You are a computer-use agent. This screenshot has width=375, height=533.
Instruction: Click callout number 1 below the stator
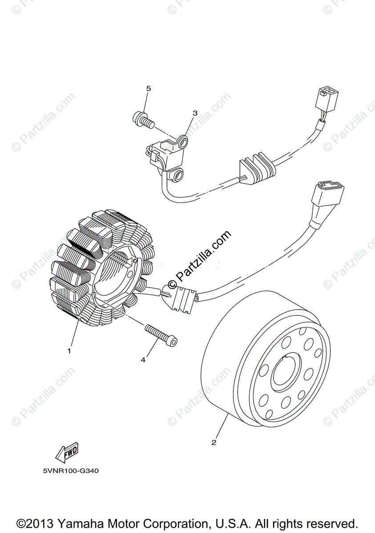pyautogui.click(x=69, y=351)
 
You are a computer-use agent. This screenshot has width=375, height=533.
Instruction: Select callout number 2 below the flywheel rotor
pyautogui.click(x=214, y=442)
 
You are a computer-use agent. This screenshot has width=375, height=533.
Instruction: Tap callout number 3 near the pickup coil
pyautogui.click(x=195, y=113)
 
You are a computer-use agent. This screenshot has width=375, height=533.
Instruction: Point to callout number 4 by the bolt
pyautogui.click(x=143, y=360)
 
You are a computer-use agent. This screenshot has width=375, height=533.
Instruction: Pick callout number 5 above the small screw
pyautogui.click(x=149, y=88)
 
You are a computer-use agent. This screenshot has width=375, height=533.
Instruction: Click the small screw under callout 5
pyautogui.click(x=142, y=119)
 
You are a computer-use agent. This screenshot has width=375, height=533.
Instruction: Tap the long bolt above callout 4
pyautogui.click(x=161, y=334)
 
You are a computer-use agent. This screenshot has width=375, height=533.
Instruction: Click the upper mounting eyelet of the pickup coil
pyautogui.click(x=183, y=142)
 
